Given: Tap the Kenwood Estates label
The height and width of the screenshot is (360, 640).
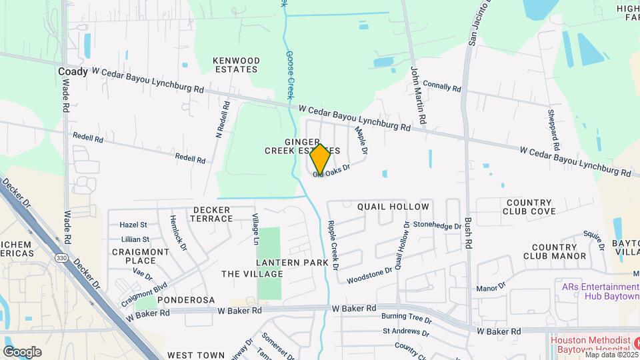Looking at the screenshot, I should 235,65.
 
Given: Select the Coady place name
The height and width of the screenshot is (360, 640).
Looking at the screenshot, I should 73,71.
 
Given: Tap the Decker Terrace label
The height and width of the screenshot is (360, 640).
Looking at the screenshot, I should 212,214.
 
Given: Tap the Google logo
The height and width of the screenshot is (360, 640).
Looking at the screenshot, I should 22,352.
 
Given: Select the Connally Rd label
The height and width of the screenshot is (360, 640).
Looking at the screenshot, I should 442,87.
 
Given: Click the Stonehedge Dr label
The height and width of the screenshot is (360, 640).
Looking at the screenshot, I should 437,226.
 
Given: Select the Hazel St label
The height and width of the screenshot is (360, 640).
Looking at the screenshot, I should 133,225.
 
